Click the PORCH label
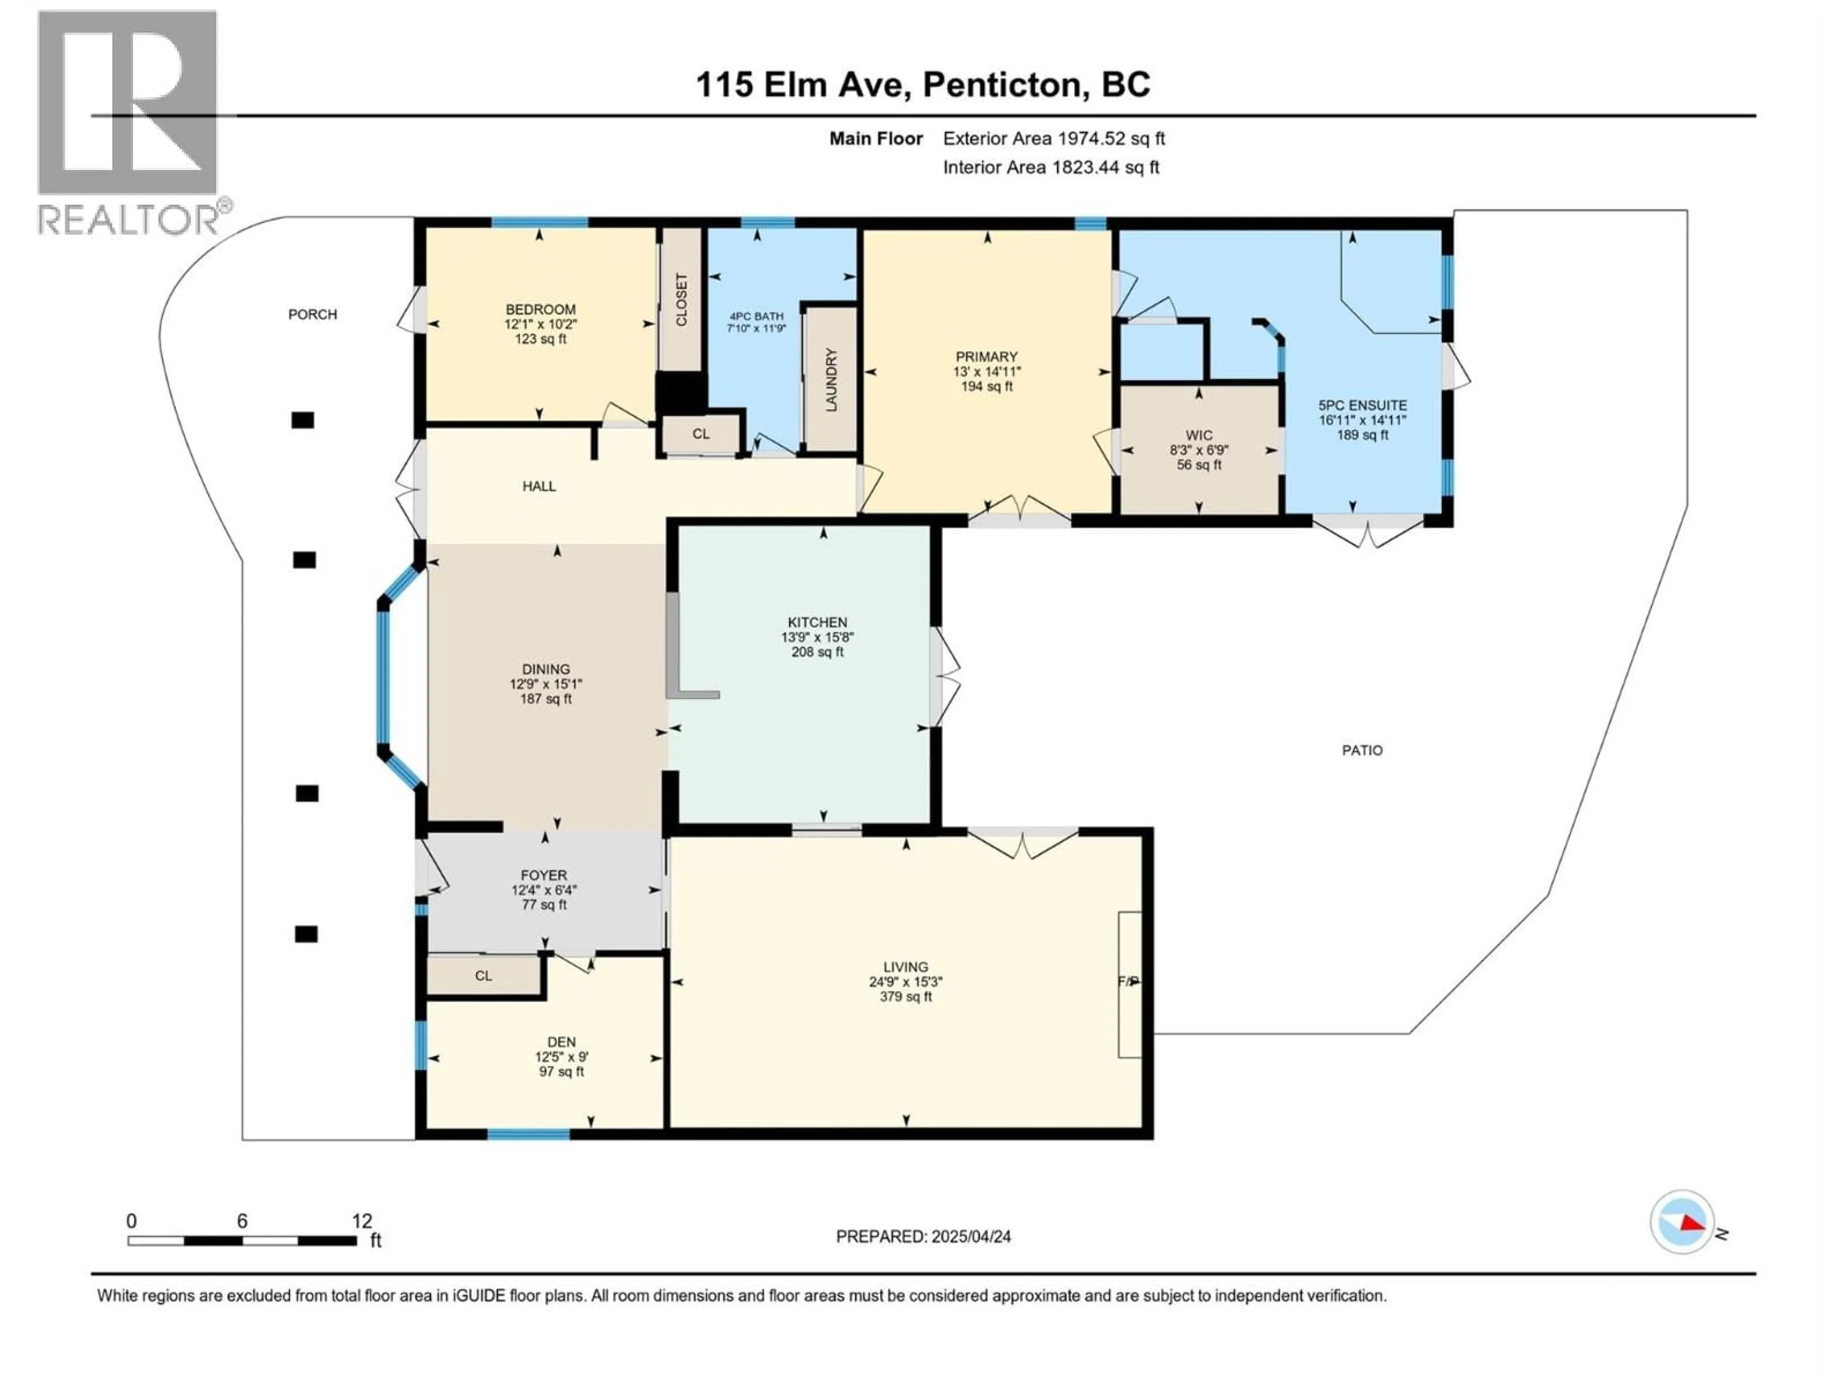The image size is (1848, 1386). (312, 315)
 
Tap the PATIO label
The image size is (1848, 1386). (1362, 750)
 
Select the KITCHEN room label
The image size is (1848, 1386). (817, 622)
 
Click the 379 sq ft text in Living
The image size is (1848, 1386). (906, 997)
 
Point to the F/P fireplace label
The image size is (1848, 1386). (1128, 982)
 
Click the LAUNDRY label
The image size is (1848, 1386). (831, 380)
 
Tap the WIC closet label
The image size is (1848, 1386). (1199, 435)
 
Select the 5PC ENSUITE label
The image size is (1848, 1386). (1362, 405)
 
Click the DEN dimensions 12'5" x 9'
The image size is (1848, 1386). (562, 1057)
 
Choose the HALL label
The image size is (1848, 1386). (539, 486)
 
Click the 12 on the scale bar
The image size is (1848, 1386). (362, 1221)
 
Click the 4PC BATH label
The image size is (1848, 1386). (756, 317)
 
